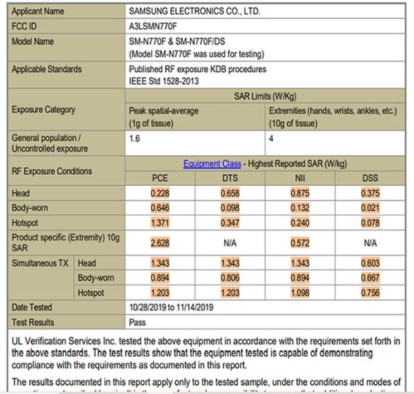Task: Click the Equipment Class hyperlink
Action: [x=212, y=164]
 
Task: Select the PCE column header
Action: [x=160, y=178]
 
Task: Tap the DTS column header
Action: [x=230, y=178]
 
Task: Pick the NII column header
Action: [x=299, y=178]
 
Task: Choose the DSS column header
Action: [x=369, y=178]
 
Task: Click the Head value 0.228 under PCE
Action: [x=160, y=194]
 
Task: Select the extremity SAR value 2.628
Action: [x=160, y=242]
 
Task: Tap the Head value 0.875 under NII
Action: [x=299, y=194]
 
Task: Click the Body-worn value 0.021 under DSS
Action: [x=369, y=207]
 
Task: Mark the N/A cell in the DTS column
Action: [x=230, y=242]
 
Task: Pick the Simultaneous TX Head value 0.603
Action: [x=369, y=264]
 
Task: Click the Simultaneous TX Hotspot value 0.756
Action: [x=369, y=292]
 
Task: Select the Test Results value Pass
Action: [x=138, y=322]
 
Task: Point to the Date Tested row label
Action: [x=32, y=307]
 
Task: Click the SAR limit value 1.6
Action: [x=135, y=138]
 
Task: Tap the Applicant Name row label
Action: [x=38, y=12]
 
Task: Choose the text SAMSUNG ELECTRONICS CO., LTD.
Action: [x=195, y=12]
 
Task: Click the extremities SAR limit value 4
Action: [x=271, y=138]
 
